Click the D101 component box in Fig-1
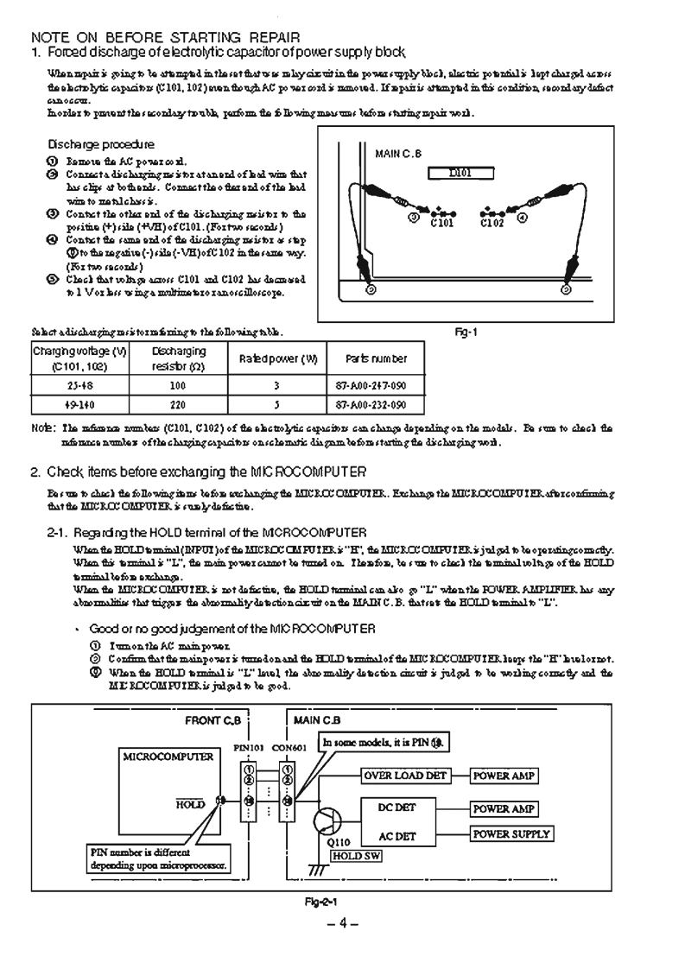coord(460,173)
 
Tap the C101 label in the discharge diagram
coord(442,222)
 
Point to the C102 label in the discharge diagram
coord(492,222)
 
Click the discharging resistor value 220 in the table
coord(179,404)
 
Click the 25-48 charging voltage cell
coord(79,384)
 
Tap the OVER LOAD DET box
coord(405,775)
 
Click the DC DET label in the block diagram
coord(397,808)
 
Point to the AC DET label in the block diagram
coord(397,836)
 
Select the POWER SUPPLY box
coord(511,834)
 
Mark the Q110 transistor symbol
coord(328,820)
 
